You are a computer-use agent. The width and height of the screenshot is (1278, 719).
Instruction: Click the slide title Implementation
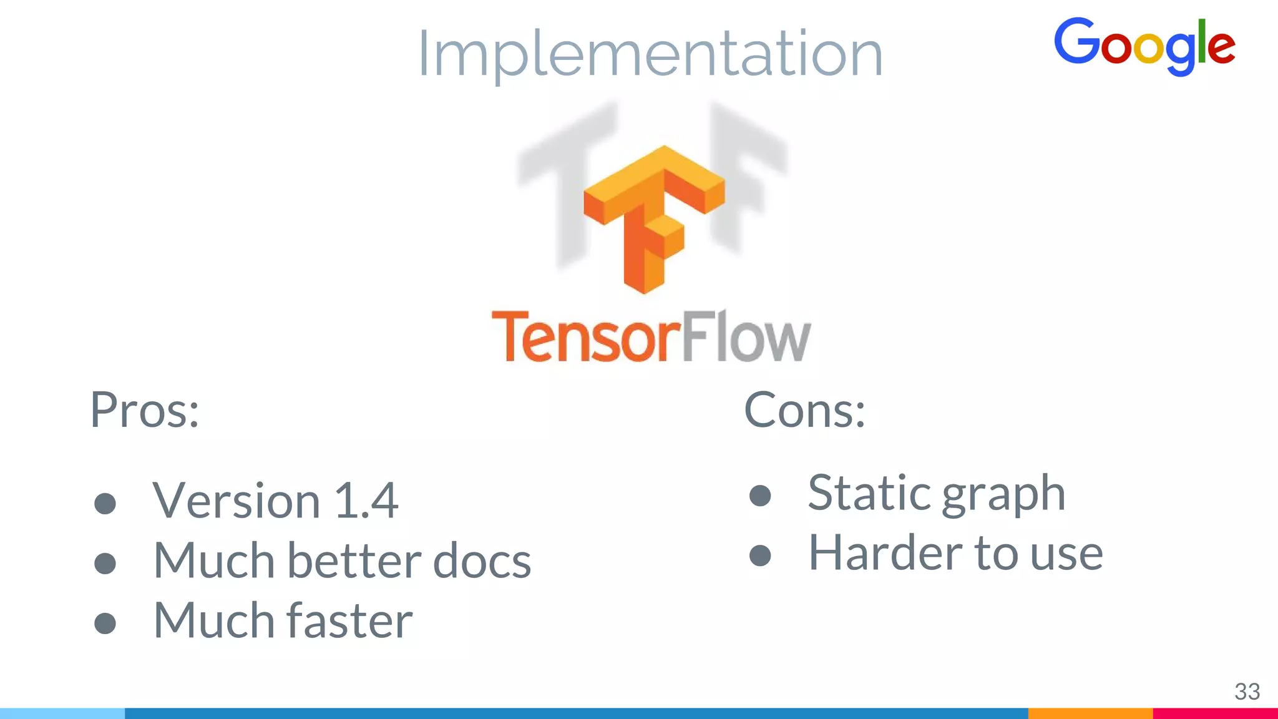(650, 54)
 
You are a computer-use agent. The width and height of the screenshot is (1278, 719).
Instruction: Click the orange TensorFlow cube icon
(653, 218)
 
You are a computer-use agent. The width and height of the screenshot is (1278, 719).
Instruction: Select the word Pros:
(145, 410)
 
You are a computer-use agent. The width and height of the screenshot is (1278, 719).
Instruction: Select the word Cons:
(804, 410)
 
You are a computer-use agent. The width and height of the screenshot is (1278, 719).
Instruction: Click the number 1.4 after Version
(366, 501)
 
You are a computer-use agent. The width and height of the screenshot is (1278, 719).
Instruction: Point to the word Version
(237, 501)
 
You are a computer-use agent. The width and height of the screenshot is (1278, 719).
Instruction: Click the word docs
(482, 560)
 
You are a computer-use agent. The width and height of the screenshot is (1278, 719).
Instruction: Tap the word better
(354, 560)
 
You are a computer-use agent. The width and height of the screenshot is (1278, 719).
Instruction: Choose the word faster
(349, 620)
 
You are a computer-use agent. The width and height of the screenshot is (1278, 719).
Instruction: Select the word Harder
(886, 553)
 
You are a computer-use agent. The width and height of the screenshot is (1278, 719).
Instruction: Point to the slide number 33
(1247, 692)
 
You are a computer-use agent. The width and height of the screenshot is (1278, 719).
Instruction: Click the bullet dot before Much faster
(105, 623)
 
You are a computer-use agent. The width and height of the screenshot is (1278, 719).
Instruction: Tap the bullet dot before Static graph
(760, 496)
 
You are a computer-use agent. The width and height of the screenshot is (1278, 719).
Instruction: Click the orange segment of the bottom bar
(1090, 713)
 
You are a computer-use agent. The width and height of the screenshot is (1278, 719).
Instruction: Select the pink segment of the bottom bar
(1215, 713)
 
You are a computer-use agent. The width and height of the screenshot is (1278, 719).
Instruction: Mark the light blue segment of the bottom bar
(62, 713)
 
